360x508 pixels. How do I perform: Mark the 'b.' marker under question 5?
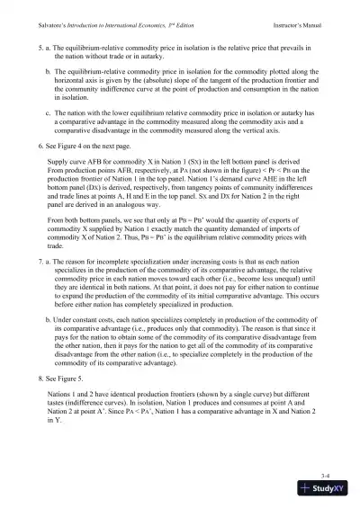tap(47, 69)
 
